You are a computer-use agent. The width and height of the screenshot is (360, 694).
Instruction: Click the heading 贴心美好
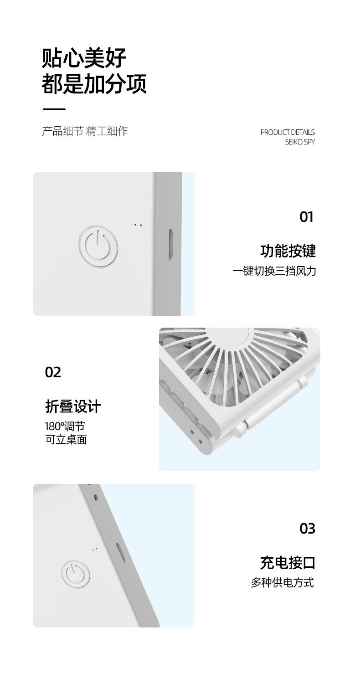pos(84,58)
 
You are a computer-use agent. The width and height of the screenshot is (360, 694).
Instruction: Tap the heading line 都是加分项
pos(94,84)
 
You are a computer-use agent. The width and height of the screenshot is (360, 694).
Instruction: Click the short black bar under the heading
pos(54,109)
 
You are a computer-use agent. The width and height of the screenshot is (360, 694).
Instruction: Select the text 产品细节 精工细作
pos(85,131)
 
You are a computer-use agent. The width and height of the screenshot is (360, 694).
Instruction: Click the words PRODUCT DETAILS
pos(288,132)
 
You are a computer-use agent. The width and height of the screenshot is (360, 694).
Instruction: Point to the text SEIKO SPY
pos(300,142)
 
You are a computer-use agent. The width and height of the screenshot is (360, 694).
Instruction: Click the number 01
pos(307,217)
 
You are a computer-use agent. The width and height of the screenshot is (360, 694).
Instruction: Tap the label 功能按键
pos(288,251)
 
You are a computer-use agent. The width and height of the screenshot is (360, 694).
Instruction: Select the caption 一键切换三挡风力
pos(274,271)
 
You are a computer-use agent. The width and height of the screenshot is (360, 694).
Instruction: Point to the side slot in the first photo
pos(170,244)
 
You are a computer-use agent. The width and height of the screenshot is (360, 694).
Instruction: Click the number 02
pos(53,372)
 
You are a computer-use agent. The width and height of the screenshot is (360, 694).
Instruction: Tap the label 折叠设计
pos(73,406)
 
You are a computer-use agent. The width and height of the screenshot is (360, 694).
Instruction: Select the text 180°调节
pos(65,427)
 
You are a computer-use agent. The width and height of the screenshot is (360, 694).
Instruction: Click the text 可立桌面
pos(66,440)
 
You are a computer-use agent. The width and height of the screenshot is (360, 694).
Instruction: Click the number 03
pos(308,529)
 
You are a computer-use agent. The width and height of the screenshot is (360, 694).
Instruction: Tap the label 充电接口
pos(288,563)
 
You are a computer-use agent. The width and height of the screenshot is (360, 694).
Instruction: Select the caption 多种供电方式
pos(283,583)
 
